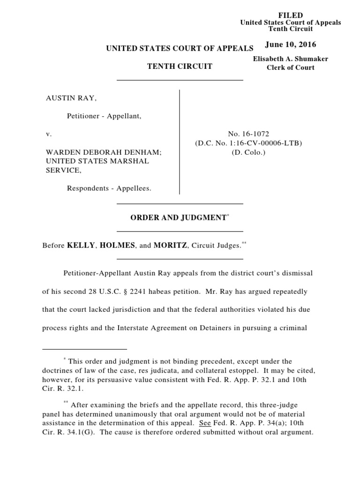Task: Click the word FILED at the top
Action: (291, 15)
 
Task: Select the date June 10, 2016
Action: (290, 45)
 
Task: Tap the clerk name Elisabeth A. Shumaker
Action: (290, 59)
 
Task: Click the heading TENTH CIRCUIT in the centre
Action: (180, 67)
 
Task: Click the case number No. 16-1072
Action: (248, 134)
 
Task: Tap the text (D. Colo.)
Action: (248, 152)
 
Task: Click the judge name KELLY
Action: (80, 245)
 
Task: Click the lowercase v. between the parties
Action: (47, 134)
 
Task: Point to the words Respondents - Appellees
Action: (109, 188)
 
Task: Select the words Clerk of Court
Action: (290, 67)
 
